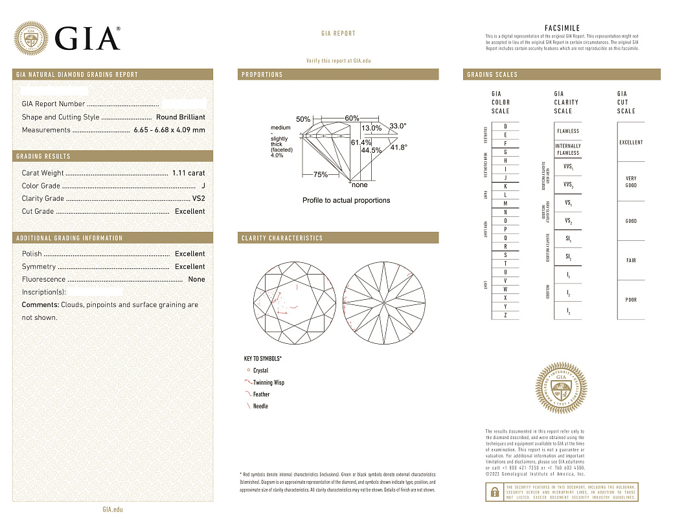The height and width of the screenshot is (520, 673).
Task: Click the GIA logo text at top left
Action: point(87,39)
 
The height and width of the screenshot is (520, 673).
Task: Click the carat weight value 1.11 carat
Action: point(188,173)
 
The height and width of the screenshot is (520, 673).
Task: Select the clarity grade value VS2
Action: point(198,198)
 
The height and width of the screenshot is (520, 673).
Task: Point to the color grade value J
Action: point(203,186)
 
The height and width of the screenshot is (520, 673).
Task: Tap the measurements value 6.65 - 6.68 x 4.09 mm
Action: point(169,130)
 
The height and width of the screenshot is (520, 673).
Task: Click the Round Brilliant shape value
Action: point(180,117)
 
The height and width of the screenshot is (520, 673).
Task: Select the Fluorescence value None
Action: point(196,279)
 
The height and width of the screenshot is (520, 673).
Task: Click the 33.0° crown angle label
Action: point(398,126)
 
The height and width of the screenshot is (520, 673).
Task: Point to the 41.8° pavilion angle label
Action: point(398,148)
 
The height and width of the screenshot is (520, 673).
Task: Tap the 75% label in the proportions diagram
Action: point(320,175)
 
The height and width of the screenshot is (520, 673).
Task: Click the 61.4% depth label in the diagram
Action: point(361,142)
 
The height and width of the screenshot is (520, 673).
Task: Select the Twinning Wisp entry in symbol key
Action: point(268,383)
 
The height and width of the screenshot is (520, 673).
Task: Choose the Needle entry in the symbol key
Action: point(260,406)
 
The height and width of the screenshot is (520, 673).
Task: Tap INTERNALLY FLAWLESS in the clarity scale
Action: point(568,150)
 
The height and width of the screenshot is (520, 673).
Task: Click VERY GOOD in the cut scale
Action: point(631,182)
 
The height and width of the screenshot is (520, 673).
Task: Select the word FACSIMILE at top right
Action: point(562,28)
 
